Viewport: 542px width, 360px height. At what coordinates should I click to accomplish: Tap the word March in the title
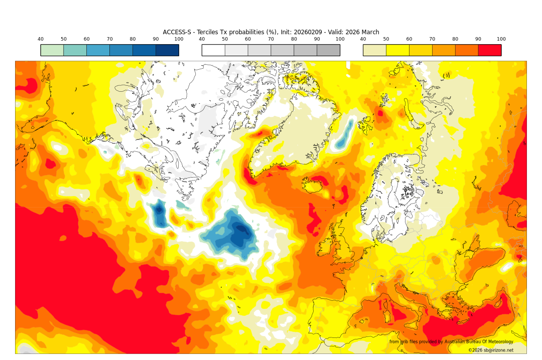[x=369, y=32]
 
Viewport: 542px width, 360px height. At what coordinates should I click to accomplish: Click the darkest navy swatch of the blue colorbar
[x=167, y=50]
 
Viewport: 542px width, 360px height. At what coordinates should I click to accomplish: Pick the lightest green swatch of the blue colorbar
[x=52, y=50]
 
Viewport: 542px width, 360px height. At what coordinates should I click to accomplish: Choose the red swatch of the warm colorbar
[x=489, y=50]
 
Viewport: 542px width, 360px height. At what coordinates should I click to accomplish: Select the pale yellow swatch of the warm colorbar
[x=374, y=50]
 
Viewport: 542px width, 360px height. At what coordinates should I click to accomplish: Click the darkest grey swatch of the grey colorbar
[x=328, y=50]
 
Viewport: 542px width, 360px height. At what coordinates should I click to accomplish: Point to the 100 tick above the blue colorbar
[x=179, y=39]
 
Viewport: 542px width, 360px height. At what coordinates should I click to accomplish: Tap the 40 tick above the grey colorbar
[x=202, y=39]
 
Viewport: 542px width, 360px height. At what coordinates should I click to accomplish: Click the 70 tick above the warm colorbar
[x=432, y=39]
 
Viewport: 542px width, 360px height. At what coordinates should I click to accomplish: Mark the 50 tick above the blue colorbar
[x=64, y=39]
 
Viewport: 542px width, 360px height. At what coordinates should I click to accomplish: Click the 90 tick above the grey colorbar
[x=317, y=39]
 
